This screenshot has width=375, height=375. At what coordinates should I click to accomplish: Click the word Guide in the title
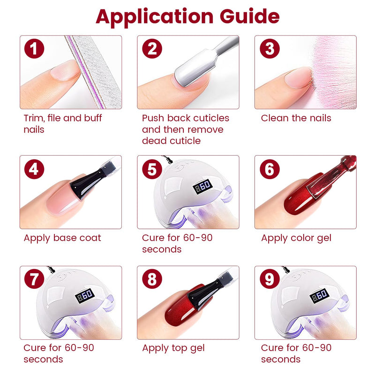pos(249,16)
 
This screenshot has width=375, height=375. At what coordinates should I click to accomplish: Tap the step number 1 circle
pos(34,49)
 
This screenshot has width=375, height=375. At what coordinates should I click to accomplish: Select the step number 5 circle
pos(152,169)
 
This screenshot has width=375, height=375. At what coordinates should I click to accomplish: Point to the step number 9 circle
pos(270,278)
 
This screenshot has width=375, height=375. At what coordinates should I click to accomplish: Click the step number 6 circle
pos(270,169)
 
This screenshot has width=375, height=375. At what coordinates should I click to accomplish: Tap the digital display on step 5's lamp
pos(202,186)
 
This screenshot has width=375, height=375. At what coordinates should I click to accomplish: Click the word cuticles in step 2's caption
pos(211,118)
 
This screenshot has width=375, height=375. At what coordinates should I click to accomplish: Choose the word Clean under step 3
pos(275,118)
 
